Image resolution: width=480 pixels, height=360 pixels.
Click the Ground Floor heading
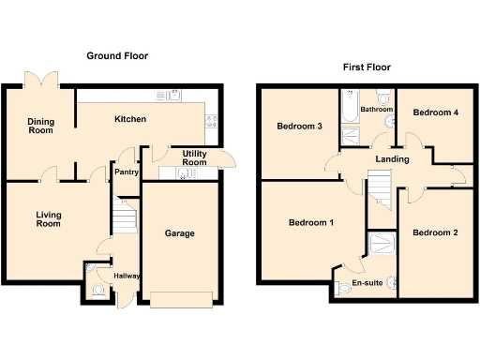pos(117,56)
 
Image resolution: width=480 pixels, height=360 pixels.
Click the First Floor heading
pos(367,67)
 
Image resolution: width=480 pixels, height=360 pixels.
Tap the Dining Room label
pos(39,126)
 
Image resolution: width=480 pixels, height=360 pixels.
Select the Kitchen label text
pos(130,120)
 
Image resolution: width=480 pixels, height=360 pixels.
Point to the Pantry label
pos(126,172)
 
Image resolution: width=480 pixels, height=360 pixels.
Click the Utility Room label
pos(194,157)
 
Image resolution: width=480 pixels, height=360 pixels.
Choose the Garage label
pos(179,233)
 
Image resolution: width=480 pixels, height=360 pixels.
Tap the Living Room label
pos(48,219)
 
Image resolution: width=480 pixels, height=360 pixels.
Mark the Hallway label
pos(127,276)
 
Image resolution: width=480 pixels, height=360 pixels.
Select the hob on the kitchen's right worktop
pos(213,120)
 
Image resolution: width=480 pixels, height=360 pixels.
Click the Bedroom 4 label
pos(436,112)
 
